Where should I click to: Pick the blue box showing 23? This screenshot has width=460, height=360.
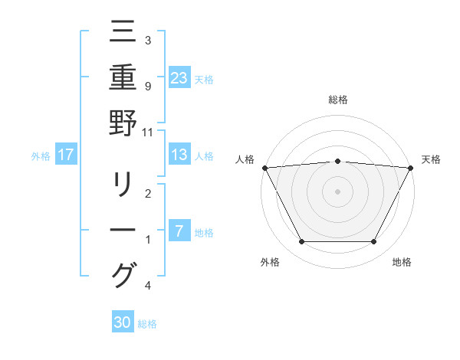coord(179,77)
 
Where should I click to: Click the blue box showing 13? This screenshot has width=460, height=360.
coord(179,155)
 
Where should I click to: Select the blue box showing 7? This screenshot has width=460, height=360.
coord(179,231)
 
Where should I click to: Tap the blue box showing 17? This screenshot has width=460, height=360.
coord(66,155)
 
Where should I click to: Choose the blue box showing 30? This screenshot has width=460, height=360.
coord(123,322)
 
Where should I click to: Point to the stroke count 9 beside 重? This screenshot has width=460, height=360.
coord(148,86)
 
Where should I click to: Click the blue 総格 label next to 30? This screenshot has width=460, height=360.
coord(147,324)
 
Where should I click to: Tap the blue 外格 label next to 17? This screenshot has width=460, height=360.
coord(41,156)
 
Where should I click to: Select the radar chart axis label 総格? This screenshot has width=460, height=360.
coord(337,100)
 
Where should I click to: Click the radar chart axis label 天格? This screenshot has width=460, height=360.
coord(431,159)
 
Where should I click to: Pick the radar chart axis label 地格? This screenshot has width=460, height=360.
coord(402,263)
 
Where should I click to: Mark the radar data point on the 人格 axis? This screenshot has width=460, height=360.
coord(264,167)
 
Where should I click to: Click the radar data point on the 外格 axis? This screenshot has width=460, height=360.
coord(301,242)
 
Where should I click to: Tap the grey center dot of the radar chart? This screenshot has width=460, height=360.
coord(337,191)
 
